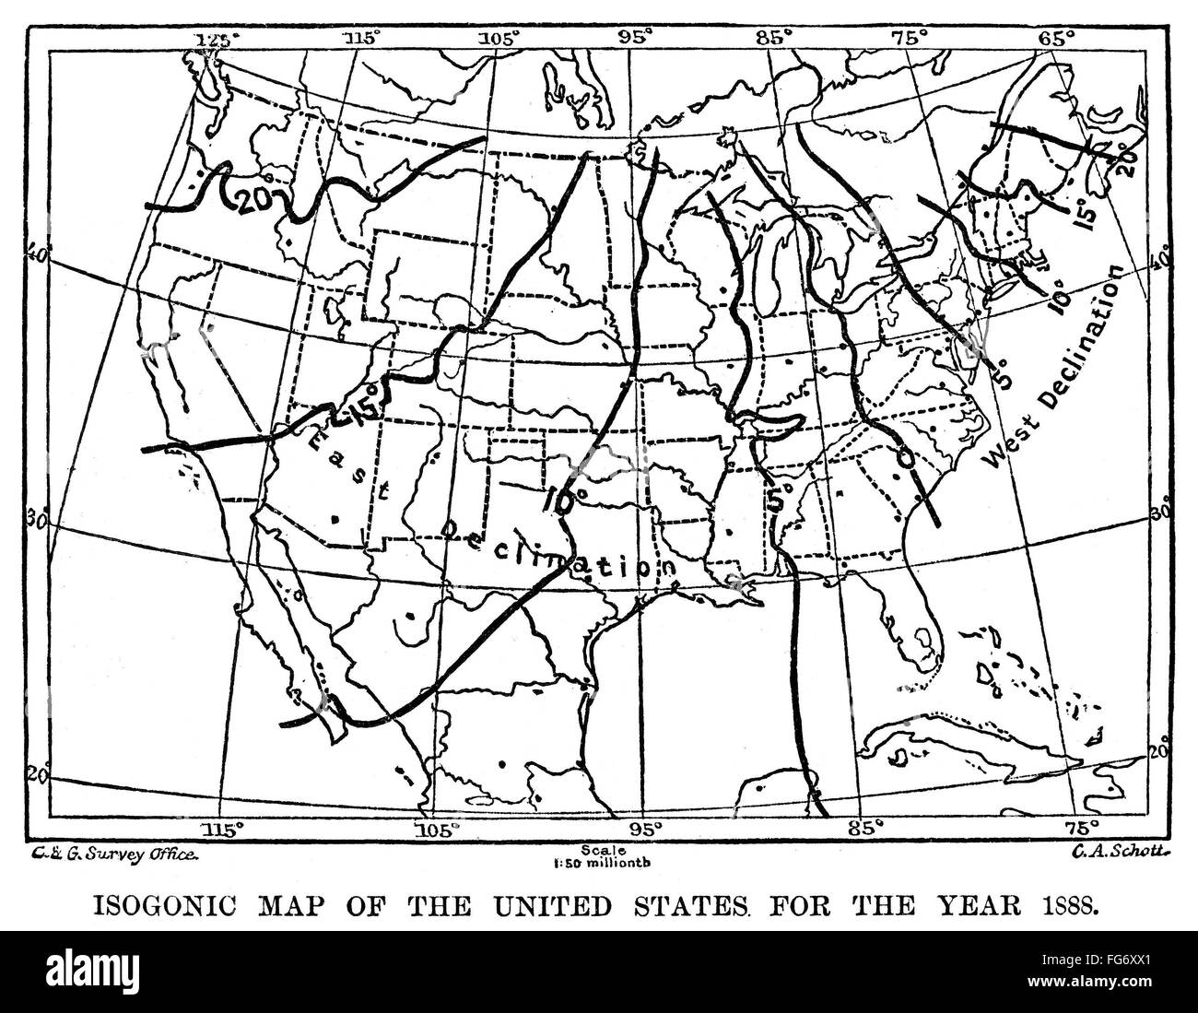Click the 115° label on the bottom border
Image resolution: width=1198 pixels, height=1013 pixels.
point(229,827)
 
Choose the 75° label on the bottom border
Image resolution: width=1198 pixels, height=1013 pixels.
point(1082,827)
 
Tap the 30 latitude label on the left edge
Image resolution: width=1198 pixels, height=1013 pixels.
point(38,521)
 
